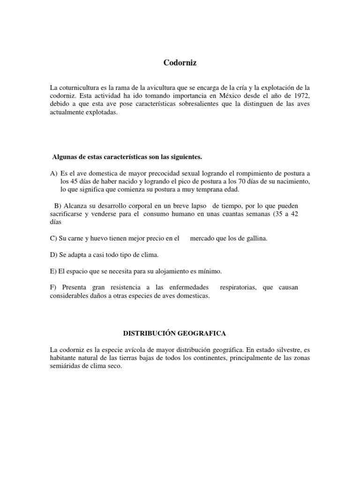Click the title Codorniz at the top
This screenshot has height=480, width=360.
tap(180, 63)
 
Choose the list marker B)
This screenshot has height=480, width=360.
tap(58, 206)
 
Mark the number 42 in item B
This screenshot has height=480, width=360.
tap(295, 214)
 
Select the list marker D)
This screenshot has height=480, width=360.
tap(53, 255)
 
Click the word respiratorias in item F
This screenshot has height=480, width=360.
tap(238, 287)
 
